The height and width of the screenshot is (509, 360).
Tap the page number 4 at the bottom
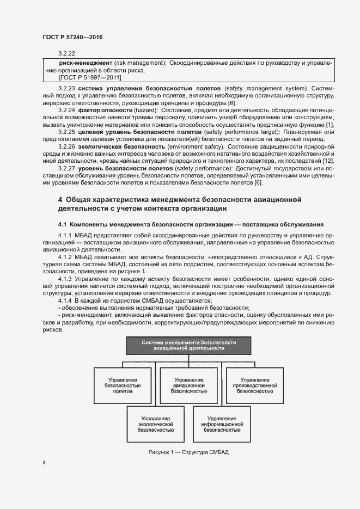(44, 462)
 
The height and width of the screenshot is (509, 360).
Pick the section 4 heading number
(60, 200)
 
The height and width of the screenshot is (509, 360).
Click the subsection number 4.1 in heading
(63, 224)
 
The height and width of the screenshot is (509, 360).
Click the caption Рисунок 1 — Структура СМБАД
(188, 453)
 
